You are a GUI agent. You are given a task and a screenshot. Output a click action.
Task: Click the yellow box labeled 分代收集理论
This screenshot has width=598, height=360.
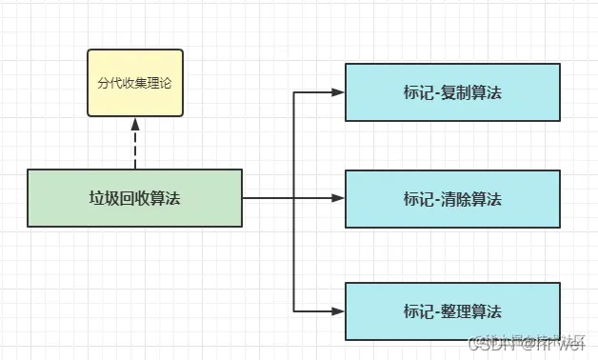pyautogui.click(x=135, y=82)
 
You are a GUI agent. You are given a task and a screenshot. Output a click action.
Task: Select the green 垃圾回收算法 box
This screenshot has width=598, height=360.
pyautogui.click(x=134, y=198)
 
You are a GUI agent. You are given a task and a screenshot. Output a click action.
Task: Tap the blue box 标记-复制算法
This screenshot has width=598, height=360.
pyautogui.click(x=451, y=93)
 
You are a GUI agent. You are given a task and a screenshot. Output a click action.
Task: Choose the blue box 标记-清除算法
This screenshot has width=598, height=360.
pyautogui.click(x=451, y=199)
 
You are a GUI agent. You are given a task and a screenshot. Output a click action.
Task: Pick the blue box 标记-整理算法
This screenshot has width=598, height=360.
pyautogui.click(x=451, y=310)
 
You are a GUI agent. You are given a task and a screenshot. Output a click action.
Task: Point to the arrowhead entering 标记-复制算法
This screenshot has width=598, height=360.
pyautogui.click(x=337, y=93)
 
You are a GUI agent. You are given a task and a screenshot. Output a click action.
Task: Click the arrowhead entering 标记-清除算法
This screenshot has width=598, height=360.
pyautogui.click(x=337, y=199)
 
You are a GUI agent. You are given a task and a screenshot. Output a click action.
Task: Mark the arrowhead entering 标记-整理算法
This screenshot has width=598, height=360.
pyautogui.click(x=337, y=310)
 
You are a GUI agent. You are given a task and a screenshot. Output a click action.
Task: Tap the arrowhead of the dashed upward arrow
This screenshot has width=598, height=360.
pyautogui.click(x=135, y=124)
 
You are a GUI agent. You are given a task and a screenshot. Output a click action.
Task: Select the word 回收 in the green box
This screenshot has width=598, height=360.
pyautogui.click(x=134, y=198)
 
